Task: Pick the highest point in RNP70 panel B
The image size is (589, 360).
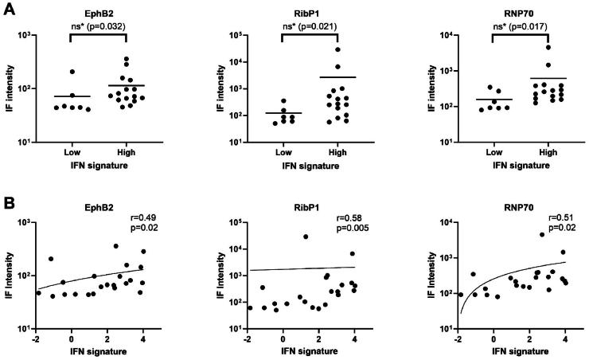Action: (x=542, y=234)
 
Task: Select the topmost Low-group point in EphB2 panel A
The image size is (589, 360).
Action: (x=72, y=72)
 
